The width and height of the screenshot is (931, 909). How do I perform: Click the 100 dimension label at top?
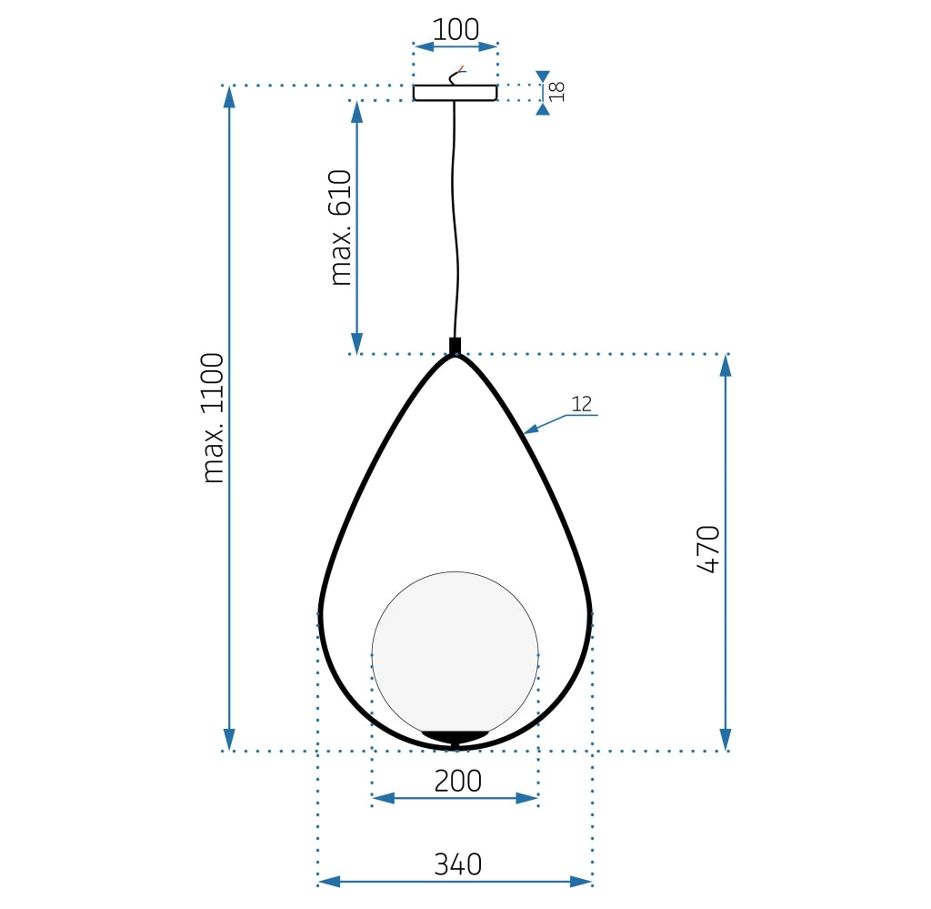tap(455, 30)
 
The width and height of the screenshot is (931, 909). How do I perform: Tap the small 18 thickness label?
tap(556, 91)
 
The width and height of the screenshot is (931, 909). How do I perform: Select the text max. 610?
tap(341, 227)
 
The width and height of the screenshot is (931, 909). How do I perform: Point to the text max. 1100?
tap(214, 418)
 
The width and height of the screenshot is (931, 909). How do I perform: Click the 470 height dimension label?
tap(709, 549)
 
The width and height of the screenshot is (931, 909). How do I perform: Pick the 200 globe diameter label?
tap(457, 781)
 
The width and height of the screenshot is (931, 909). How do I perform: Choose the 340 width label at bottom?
tap(456, 864)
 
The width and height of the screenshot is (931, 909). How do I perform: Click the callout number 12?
tap(583, 403)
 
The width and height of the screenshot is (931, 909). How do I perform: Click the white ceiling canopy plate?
tap(455, 92)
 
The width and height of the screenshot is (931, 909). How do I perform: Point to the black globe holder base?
tap(455, 735)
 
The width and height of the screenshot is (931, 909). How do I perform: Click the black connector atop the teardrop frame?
tap(455, 346)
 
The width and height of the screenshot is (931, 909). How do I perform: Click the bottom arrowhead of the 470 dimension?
tap(726, 739)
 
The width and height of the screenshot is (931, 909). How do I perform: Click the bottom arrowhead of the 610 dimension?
tap(356, 343)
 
